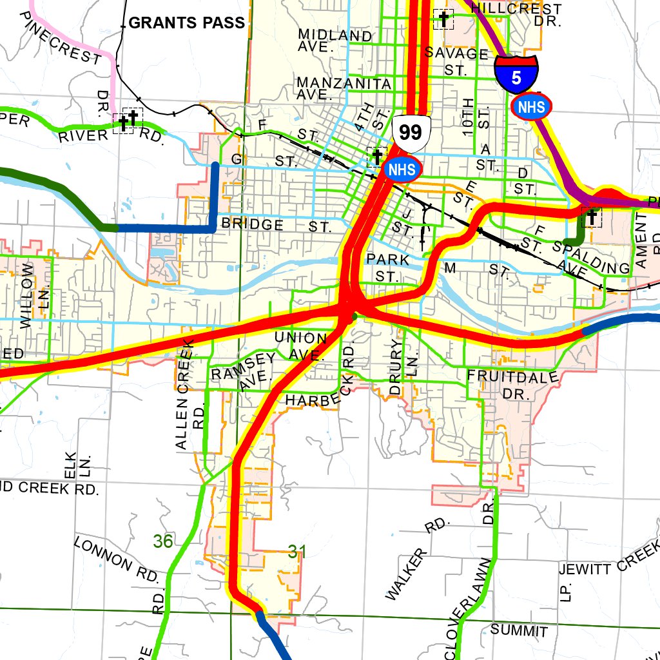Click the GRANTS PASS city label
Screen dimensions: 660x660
(x=187, y=23)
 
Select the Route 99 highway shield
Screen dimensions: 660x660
(x=411, y=132)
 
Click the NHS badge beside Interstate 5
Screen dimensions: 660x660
(x=531, y=107)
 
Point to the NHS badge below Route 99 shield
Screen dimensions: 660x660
(x=402, y=170)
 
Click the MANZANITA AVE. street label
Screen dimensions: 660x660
(x=344, y=88)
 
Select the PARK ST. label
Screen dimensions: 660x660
(x=388, y=267)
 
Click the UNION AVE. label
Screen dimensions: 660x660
(x=301, y=345)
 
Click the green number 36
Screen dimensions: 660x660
(x=163, y=541)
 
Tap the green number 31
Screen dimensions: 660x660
(x=296, y=552)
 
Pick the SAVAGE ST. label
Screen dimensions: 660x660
(x=456, y=61)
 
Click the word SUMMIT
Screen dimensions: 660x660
(x=519, y=630)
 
